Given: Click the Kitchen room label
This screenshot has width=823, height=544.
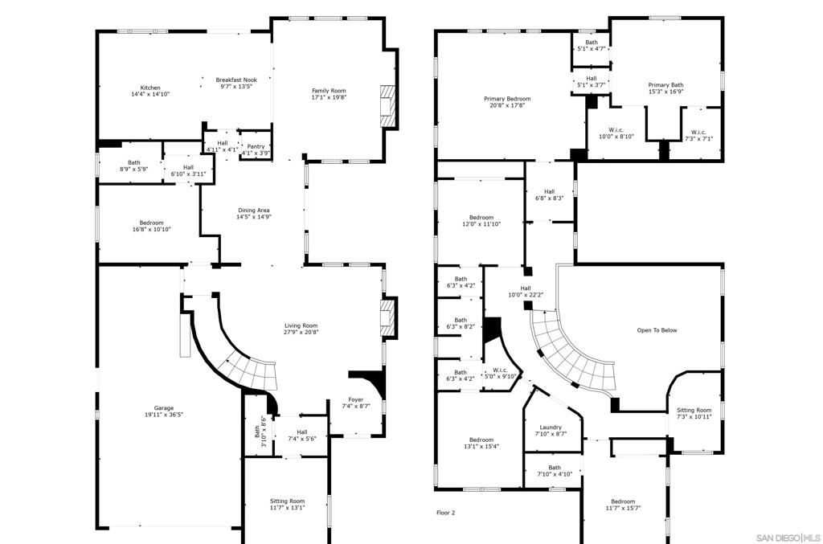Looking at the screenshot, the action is [x=150, y=88].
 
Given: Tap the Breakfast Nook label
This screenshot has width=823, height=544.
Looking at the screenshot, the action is [x=236, y=80].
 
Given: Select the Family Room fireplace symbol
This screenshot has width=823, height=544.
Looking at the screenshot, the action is [x=387, y=107].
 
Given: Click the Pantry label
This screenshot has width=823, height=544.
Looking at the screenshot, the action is [x=256, y=146].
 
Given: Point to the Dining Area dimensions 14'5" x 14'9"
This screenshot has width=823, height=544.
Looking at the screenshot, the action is [x=253, y=217].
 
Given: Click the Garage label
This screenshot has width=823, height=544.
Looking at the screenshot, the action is [x=164, y=408].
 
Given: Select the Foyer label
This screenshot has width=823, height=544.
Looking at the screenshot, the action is [x=356, y=399].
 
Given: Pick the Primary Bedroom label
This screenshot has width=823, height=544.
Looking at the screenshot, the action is [x=507, y=99].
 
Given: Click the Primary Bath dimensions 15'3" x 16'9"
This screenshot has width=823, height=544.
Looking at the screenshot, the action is [x=665, y=92].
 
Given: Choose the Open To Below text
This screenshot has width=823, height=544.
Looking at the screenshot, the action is [x=657, y=330].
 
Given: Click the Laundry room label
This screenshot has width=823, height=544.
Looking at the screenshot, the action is [x=551, y=427].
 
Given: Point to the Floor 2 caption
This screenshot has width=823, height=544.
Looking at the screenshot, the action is [x=446, y=513].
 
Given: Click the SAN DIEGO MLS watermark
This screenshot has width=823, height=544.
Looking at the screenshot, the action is [x=788, y=538].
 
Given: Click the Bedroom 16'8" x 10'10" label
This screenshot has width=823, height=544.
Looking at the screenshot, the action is [x=152, y=226].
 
